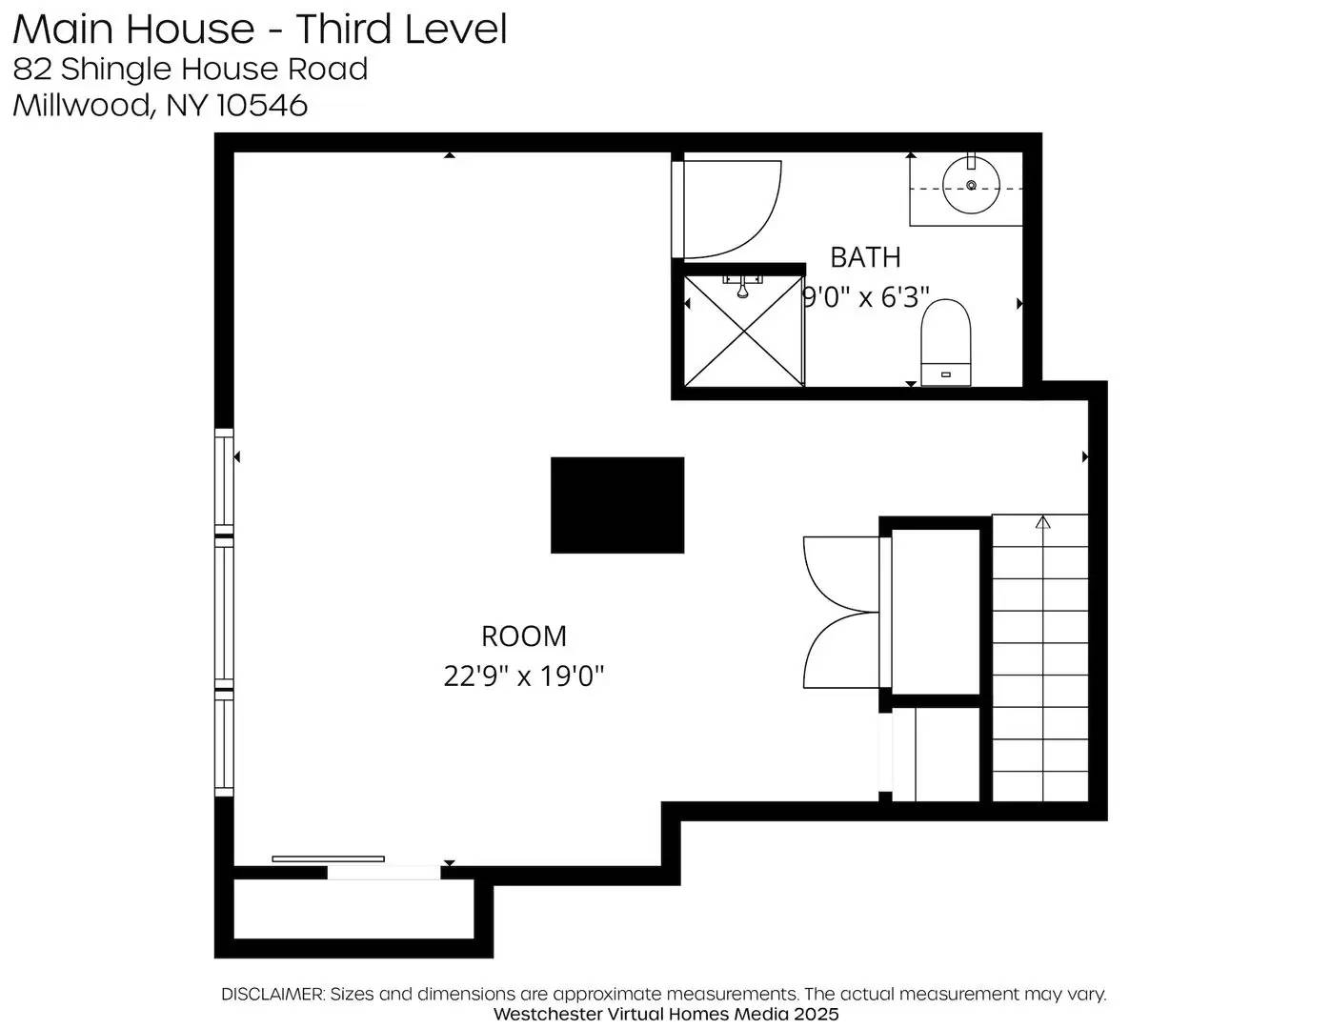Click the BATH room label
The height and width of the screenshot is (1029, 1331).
(x=865, y=257)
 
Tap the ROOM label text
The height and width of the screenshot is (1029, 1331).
(x=523, y=636)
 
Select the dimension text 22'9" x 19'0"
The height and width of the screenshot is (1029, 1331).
(x=523, y=676)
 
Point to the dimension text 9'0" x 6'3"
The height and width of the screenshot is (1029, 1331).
(x=865, y=297)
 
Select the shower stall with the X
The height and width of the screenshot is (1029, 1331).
(x=743, y=332)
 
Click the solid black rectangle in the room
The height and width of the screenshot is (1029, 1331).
(x=617, y=505)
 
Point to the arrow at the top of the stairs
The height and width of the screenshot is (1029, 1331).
(x=1042, y=522)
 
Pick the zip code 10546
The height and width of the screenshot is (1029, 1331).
(x=262, y=105)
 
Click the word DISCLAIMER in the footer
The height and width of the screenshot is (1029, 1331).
(x=272, y=994)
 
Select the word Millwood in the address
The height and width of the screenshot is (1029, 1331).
(x=82, y=105)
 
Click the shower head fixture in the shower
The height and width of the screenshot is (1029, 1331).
(x=742, y=286)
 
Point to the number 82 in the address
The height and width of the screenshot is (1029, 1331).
(x=32, y=69)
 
